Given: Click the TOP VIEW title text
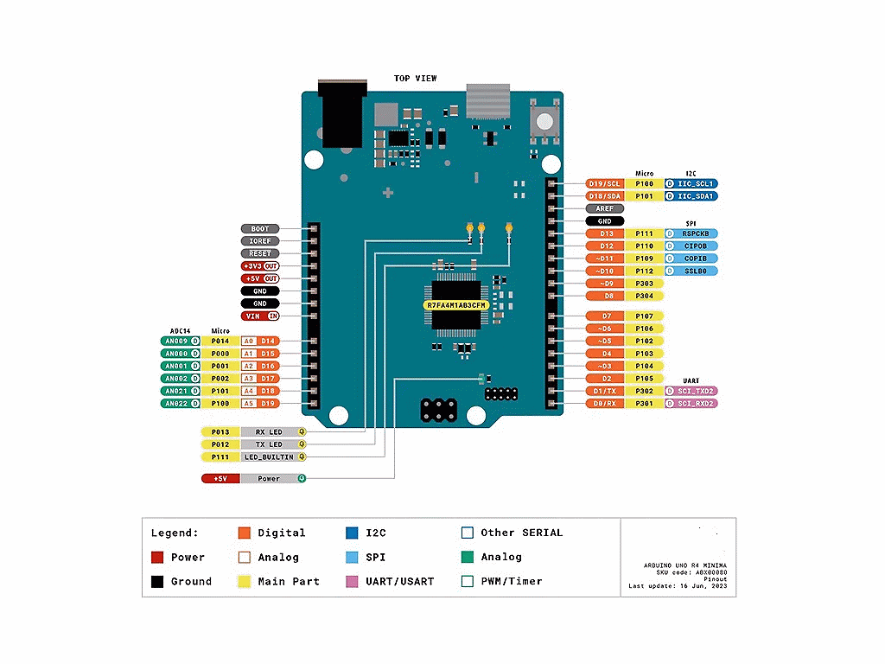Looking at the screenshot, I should pos(415,79).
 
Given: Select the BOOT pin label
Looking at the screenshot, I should pos(260,229).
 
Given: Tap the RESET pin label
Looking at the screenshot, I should pos(260,254).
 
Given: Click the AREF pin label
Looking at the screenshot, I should pos(604,208).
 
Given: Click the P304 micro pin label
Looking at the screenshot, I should pos(644,296).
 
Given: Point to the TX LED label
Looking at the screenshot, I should pos(269,444).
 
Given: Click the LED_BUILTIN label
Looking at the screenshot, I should pos(269,456).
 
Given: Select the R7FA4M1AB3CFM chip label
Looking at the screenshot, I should pos(456,305).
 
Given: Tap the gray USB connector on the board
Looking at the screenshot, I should pos(489,100).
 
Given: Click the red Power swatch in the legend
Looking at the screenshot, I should pos(157,558).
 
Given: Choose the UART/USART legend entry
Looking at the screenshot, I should pos(399,582).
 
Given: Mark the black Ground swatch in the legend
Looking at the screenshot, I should pos(157,582).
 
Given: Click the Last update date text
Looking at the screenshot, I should pos(678,586).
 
